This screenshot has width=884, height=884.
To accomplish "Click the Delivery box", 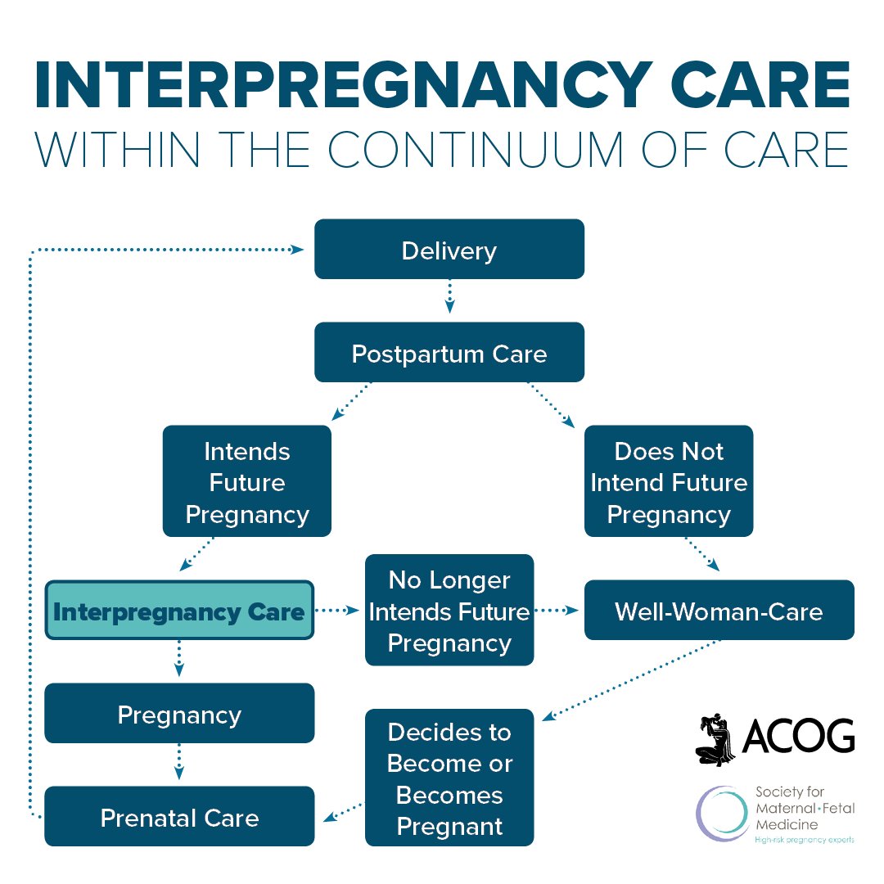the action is (x=449, y=249).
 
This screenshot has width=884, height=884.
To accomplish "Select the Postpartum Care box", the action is (x=449, y=352).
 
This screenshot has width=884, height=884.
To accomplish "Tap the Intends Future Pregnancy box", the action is (x=246, y=481).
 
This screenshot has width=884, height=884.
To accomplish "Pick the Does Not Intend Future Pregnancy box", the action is (x=668, y=481).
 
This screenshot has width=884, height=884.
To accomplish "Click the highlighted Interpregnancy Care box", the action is (x=178, y=611).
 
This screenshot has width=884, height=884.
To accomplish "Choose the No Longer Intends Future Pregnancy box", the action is (x=449, y=611).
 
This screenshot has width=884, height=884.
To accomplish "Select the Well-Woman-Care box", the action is (x=719, y=611).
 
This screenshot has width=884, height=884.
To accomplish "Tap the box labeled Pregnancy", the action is (x=178, y=714).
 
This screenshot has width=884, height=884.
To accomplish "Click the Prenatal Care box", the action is (x=178, y=817).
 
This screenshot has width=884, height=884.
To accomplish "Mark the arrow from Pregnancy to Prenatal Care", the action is (x=179, y=764).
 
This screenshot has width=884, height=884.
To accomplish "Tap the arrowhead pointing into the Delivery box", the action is (x=299, y=249).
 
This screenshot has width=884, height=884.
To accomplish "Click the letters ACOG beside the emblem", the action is (x=797, y=737).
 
